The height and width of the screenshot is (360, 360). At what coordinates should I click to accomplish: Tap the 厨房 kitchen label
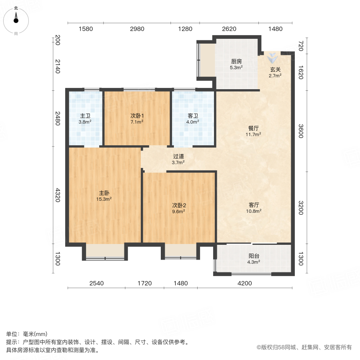pos(236,62)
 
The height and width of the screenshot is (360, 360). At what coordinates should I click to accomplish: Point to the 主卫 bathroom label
pos(85,116)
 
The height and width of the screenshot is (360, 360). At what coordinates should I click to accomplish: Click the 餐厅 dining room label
pos(253,128)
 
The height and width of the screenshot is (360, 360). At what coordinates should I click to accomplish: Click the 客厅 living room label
pos(253,204)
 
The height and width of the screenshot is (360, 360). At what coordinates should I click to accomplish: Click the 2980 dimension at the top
pos(137,29)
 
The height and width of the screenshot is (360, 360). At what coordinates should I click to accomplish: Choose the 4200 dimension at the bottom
pos(245,283)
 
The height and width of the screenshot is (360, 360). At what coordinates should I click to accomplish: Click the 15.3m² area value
pos(104,199)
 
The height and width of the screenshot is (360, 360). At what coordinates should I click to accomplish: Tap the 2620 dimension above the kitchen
pos(229,29)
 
